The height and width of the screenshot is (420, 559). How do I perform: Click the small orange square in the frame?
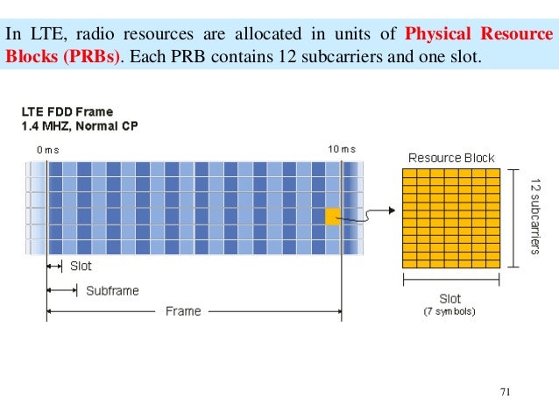click(x=332, y=216)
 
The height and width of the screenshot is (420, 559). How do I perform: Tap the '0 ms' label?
click(x=48, y=150)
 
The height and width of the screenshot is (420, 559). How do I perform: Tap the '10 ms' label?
click(x=342, y=149)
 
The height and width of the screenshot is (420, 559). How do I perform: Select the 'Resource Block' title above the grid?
click(x=451, y=159)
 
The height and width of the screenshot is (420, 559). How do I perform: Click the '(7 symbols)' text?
click(x=449, y=311)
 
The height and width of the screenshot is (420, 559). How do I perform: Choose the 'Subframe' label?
click(x=112, y=290)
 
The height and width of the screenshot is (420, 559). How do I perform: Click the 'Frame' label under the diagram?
click(x=183, y=311)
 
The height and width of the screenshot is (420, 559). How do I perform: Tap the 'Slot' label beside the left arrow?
click(x=81, y=266)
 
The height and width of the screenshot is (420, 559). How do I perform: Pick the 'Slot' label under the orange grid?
click(x=449, y=299)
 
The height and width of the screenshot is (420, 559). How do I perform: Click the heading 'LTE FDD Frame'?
click(x=67, y=112)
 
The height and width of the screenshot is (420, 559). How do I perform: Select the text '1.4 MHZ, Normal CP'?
click(x=80, y=126)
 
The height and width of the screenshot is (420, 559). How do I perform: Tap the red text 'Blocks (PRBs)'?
click(x=62, y=58)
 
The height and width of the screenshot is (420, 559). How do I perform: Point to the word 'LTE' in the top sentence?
click(x=41, y=35)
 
